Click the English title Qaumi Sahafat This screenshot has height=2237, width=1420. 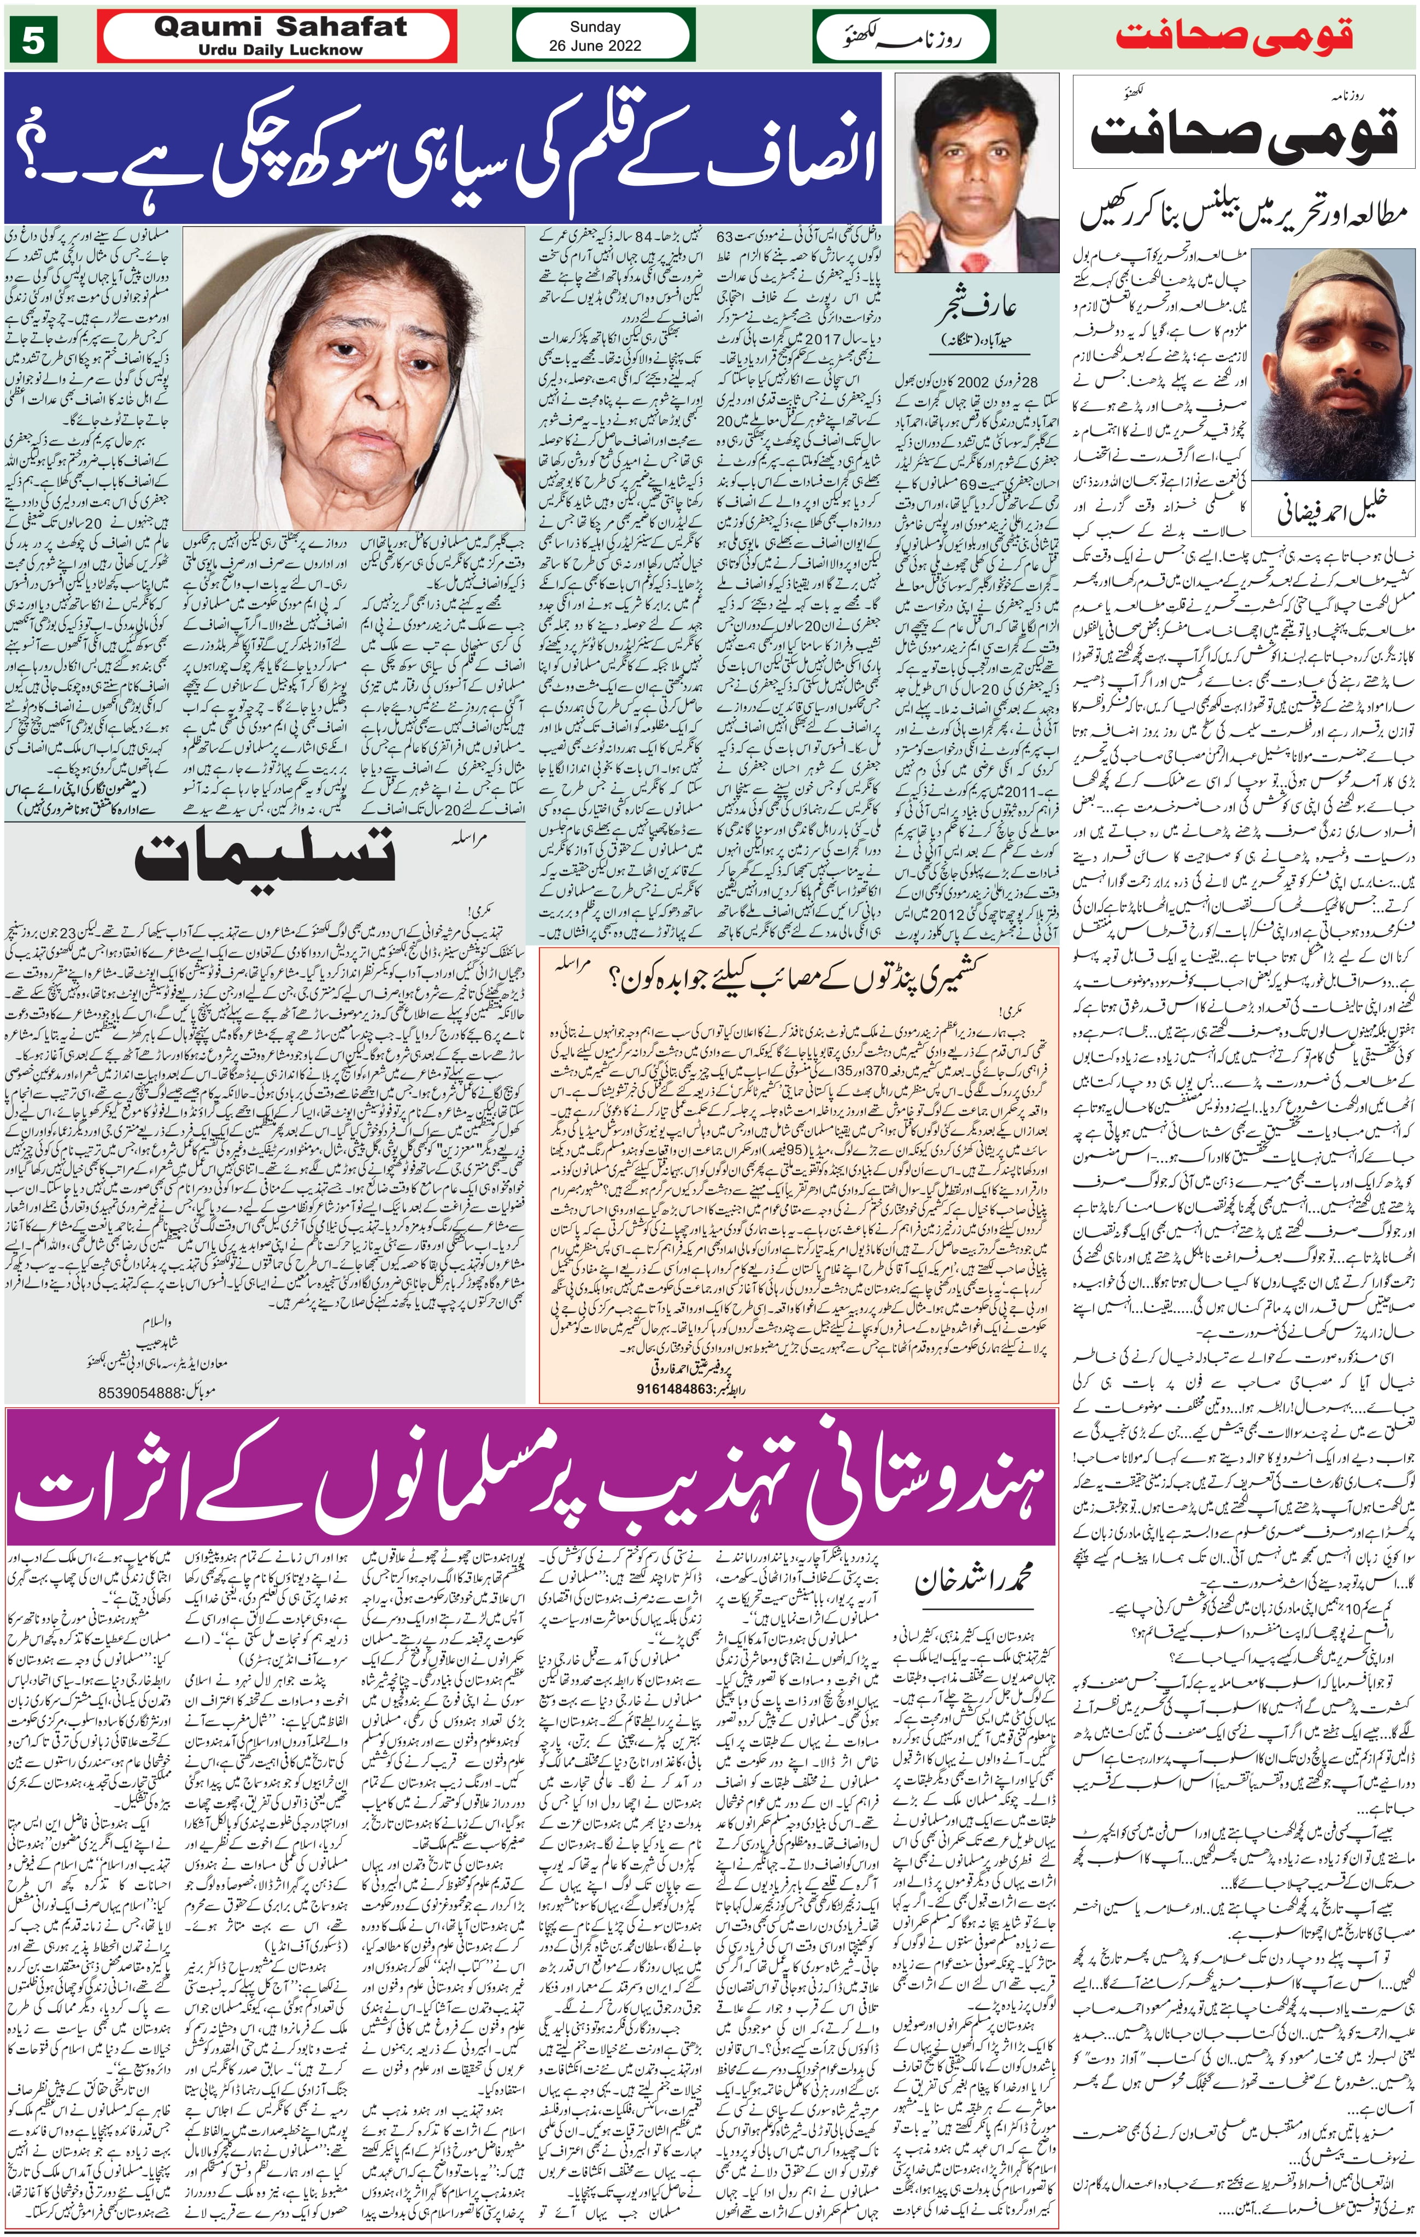pyautogui.click(x=280, y=27)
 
